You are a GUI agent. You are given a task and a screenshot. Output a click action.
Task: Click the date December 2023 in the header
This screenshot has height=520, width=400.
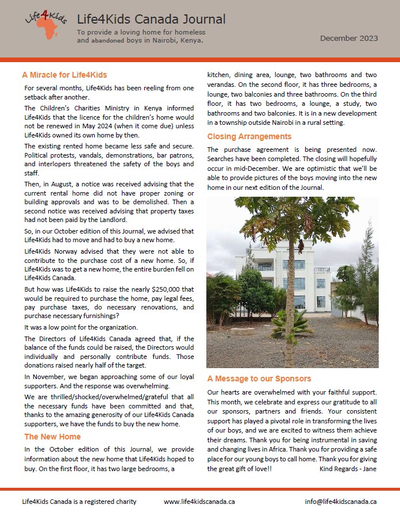(349, 39)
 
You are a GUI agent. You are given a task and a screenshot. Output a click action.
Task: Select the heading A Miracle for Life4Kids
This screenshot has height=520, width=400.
(64, 75)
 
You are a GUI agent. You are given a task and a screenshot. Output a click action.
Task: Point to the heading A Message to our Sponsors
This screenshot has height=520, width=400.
(259, 378)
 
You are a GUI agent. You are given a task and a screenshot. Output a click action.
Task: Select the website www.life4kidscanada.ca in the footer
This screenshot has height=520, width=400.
(199, 502)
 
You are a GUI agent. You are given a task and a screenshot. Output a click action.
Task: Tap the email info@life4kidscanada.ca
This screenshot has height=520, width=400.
(341, 502)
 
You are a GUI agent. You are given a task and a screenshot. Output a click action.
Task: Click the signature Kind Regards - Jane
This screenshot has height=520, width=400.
(348, 469)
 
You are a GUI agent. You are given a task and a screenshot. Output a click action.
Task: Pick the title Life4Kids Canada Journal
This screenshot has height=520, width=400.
(151, 20)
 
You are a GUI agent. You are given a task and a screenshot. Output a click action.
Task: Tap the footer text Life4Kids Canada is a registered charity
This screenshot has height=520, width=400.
(79, 502)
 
